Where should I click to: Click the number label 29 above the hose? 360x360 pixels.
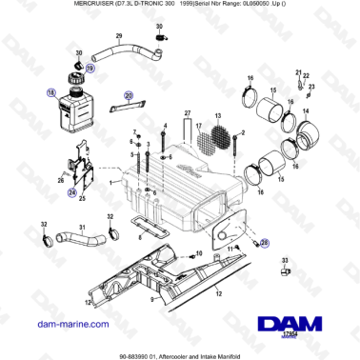pos(119,36)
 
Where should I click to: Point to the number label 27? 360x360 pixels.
pos(186,113)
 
